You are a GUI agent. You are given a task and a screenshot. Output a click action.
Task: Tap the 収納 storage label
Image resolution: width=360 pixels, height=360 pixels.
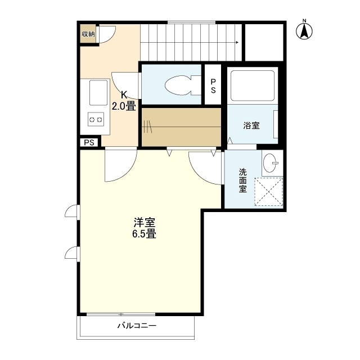(x=89, y=34)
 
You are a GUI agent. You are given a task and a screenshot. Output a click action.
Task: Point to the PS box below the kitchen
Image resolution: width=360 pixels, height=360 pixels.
(x=89, y=142)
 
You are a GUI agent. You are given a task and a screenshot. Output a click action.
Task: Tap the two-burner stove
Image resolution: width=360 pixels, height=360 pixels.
(x=96, y=119)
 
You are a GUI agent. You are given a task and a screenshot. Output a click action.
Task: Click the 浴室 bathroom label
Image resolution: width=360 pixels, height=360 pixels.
(x=251, y=125)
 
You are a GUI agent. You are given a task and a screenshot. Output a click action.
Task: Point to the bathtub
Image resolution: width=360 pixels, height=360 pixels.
(x=253, y=84)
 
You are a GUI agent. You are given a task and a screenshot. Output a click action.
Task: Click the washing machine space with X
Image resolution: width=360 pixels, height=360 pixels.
(x=269, y=192)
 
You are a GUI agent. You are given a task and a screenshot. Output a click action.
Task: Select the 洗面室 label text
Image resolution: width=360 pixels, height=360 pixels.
(x=242, y=180)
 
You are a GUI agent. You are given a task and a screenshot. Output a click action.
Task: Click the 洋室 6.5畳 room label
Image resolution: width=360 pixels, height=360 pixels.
(x=144, y=227)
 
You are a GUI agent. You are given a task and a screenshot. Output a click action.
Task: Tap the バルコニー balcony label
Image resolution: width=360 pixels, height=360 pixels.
(x=137, y=325)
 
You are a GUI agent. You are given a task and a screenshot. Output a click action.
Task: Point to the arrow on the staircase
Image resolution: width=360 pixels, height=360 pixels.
(x=238, y=42)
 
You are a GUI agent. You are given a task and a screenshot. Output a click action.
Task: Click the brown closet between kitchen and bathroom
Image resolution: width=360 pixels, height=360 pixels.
(x=181, y=126)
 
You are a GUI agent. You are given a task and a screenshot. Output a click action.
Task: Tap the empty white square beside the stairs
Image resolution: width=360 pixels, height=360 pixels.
(x=263, y=42)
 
